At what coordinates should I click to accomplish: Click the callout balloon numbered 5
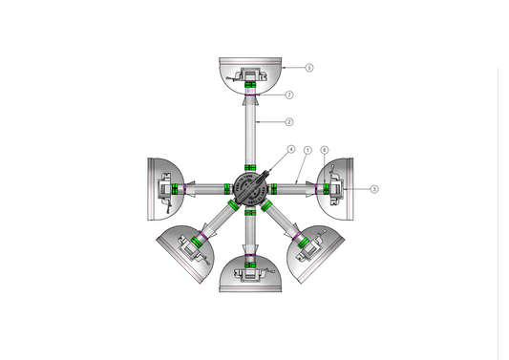click(309, 68)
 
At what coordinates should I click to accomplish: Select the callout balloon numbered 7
click(289, 95)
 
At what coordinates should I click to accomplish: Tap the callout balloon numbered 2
click(289, 121)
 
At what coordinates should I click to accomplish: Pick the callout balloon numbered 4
click(291, 149)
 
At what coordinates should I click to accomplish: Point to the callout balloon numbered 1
click(308, 150)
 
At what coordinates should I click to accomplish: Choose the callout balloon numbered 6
click(325, 150)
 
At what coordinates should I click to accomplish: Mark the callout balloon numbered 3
click(374, 189)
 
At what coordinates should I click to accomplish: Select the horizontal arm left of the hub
click(205, 188)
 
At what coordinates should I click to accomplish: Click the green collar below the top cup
click(251, 87)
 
